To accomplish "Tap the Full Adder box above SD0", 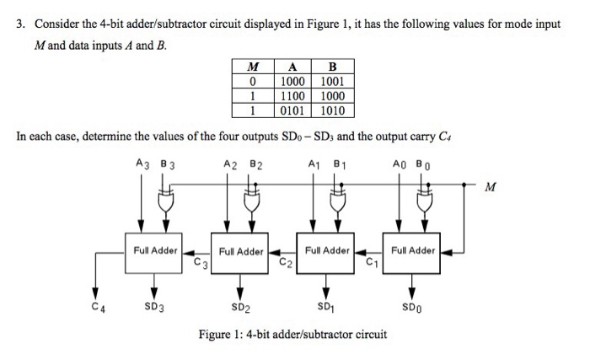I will pos(413,251).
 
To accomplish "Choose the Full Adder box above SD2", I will pos(241,251).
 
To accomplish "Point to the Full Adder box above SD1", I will pos(327,251).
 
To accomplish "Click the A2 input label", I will pos(225,165).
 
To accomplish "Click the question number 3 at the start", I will pos(19,24).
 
